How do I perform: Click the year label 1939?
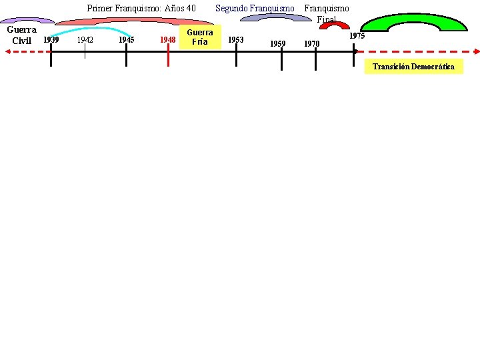[x=51, y=39]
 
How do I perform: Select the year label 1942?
[x=85, y=39]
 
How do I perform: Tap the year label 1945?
[x=126, y=39]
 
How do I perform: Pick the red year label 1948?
[x=168, y=40]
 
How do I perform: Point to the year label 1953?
[x=235, y=39]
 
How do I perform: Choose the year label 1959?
[x=277, y=44]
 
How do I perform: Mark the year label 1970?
[x=311, y=44]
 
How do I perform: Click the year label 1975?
[x=357, y=36]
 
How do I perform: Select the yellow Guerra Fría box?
[x=199, y=37]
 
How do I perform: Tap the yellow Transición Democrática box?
[x=413, y=67]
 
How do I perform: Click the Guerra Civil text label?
[x=21, y=35]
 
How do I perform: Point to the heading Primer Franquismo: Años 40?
[x=141, y=8]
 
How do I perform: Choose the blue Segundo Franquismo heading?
[x=254, y=8]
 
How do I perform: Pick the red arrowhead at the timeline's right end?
[x=476, y=51]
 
